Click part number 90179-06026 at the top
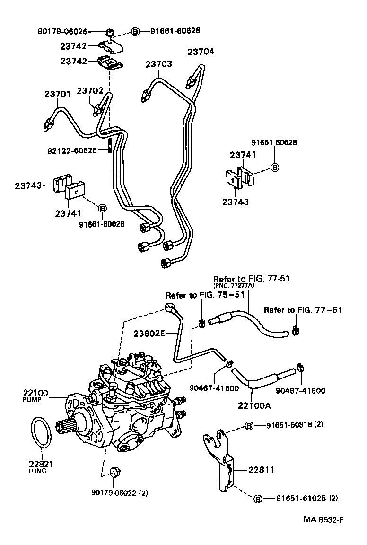[62, 32]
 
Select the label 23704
[201, 52]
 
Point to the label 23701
[58, 94]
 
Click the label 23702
[90, 90]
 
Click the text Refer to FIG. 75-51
[204, 295]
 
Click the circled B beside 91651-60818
[249, 426]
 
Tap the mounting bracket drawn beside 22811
[220, 459]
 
